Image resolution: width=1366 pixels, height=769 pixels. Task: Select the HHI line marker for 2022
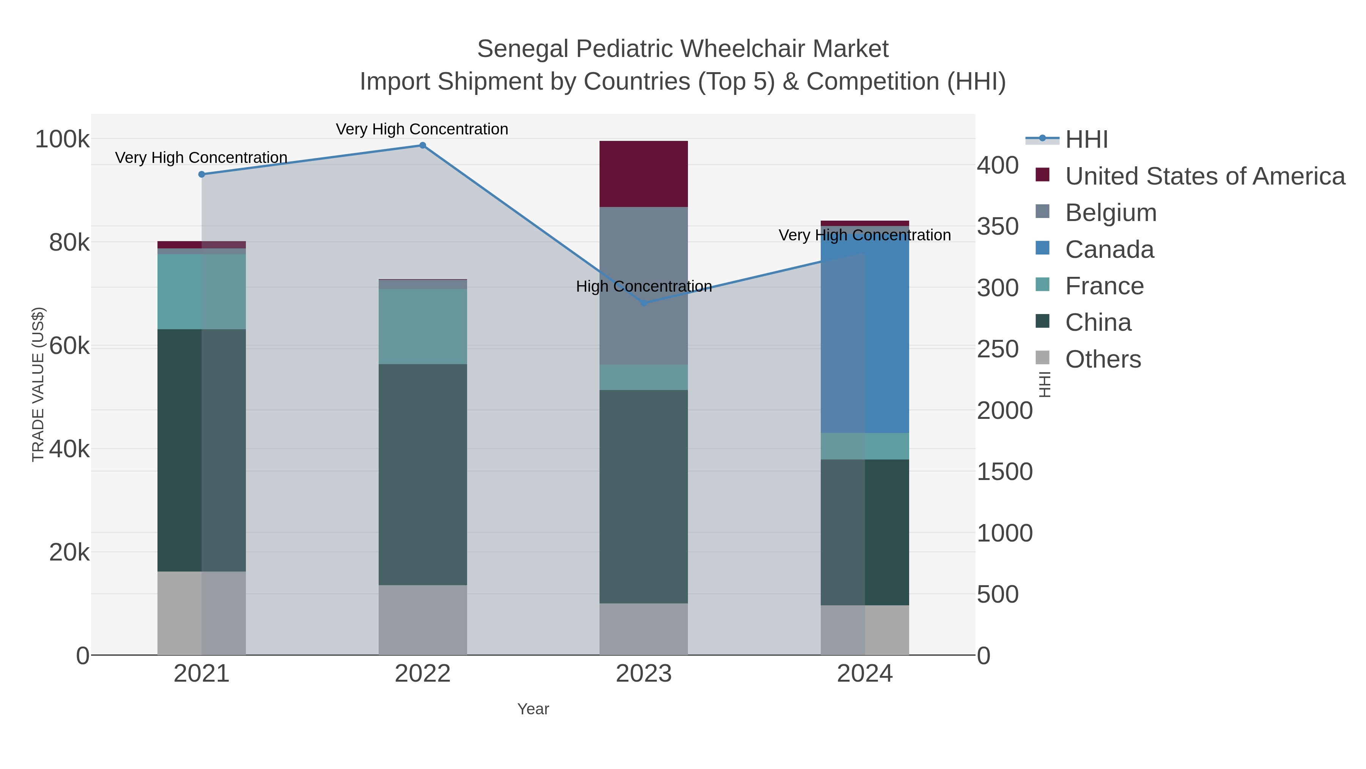click(x=423, y=145)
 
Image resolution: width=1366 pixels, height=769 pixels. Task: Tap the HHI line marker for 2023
click(x=644, y=303)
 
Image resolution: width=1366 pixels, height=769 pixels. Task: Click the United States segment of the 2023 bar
click(x=644, y=174)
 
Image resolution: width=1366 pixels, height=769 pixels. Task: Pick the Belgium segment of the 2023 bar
click(x=644, y=249)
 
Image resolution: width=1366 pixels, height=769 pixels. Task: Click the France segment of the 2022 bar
click(x=423, y=326)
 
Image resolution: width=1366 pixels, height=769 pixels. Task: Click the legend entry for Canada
click(x=1109, y=249)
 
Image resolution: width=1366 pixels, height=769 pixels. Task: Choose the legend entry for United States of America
click(x=1205, y=176)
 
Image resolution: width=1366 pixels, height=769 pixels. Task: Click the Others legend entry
click(x=1103, y=359)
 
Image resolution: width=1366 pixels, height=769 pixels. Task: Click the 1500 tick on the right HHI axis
click(x=1004, y=472)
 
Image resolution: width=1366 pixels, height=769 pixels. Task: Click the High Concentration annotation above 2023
click(x=644, y=287)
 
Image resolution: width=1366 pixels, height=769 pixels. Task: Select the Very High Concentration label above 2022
click(x=422, y=129)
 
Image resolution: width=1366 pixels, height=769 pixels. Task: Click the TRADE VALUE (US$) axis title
click(x=38, y=384)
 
